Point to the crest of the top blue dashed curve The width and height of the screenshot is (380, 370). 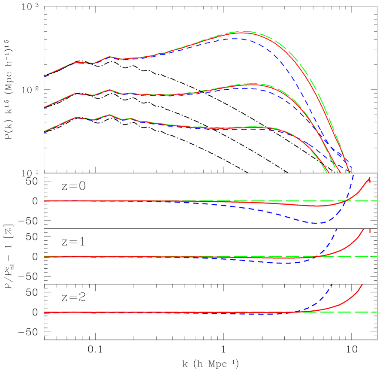point(235,39)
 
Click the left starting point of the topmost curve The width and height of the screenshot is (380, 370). point(45,76)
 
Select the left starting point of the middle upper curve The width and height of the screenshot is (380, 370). point(45,107)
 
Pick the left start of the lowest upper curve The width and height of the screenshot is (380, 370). point(45,131)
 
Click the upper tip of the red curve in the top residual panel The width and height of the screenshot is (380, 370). point(369,178)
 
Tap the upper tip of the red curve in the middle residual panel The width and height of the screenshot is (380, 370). point(364,230)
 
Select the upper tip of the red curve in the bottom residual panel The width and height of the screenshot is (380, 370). point(362,284)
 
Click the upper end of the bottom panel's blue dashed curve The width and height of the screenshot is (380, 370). point(332,284)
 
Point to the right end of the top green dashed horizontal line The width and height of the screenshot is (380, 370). point(377,201)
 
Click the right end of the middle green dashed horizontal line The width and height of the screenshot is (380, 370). point(377,256)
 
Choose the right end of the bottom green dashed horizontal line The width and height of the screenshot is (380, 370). point(377,312)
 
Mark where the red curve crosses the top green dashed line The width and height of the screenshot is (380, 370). point(346,201)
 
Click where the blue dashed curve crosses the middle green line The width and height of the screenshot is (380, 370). point(318,256)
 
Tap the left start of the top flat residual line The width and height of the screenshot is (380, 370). point(45,201)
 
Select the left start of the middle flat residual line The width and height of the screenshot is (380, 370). point(45,256)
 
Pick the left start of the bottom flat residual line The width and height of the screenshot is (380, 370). point(45,312)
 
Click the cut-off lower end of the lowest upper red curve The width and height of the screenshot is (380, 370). point(328,173)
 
